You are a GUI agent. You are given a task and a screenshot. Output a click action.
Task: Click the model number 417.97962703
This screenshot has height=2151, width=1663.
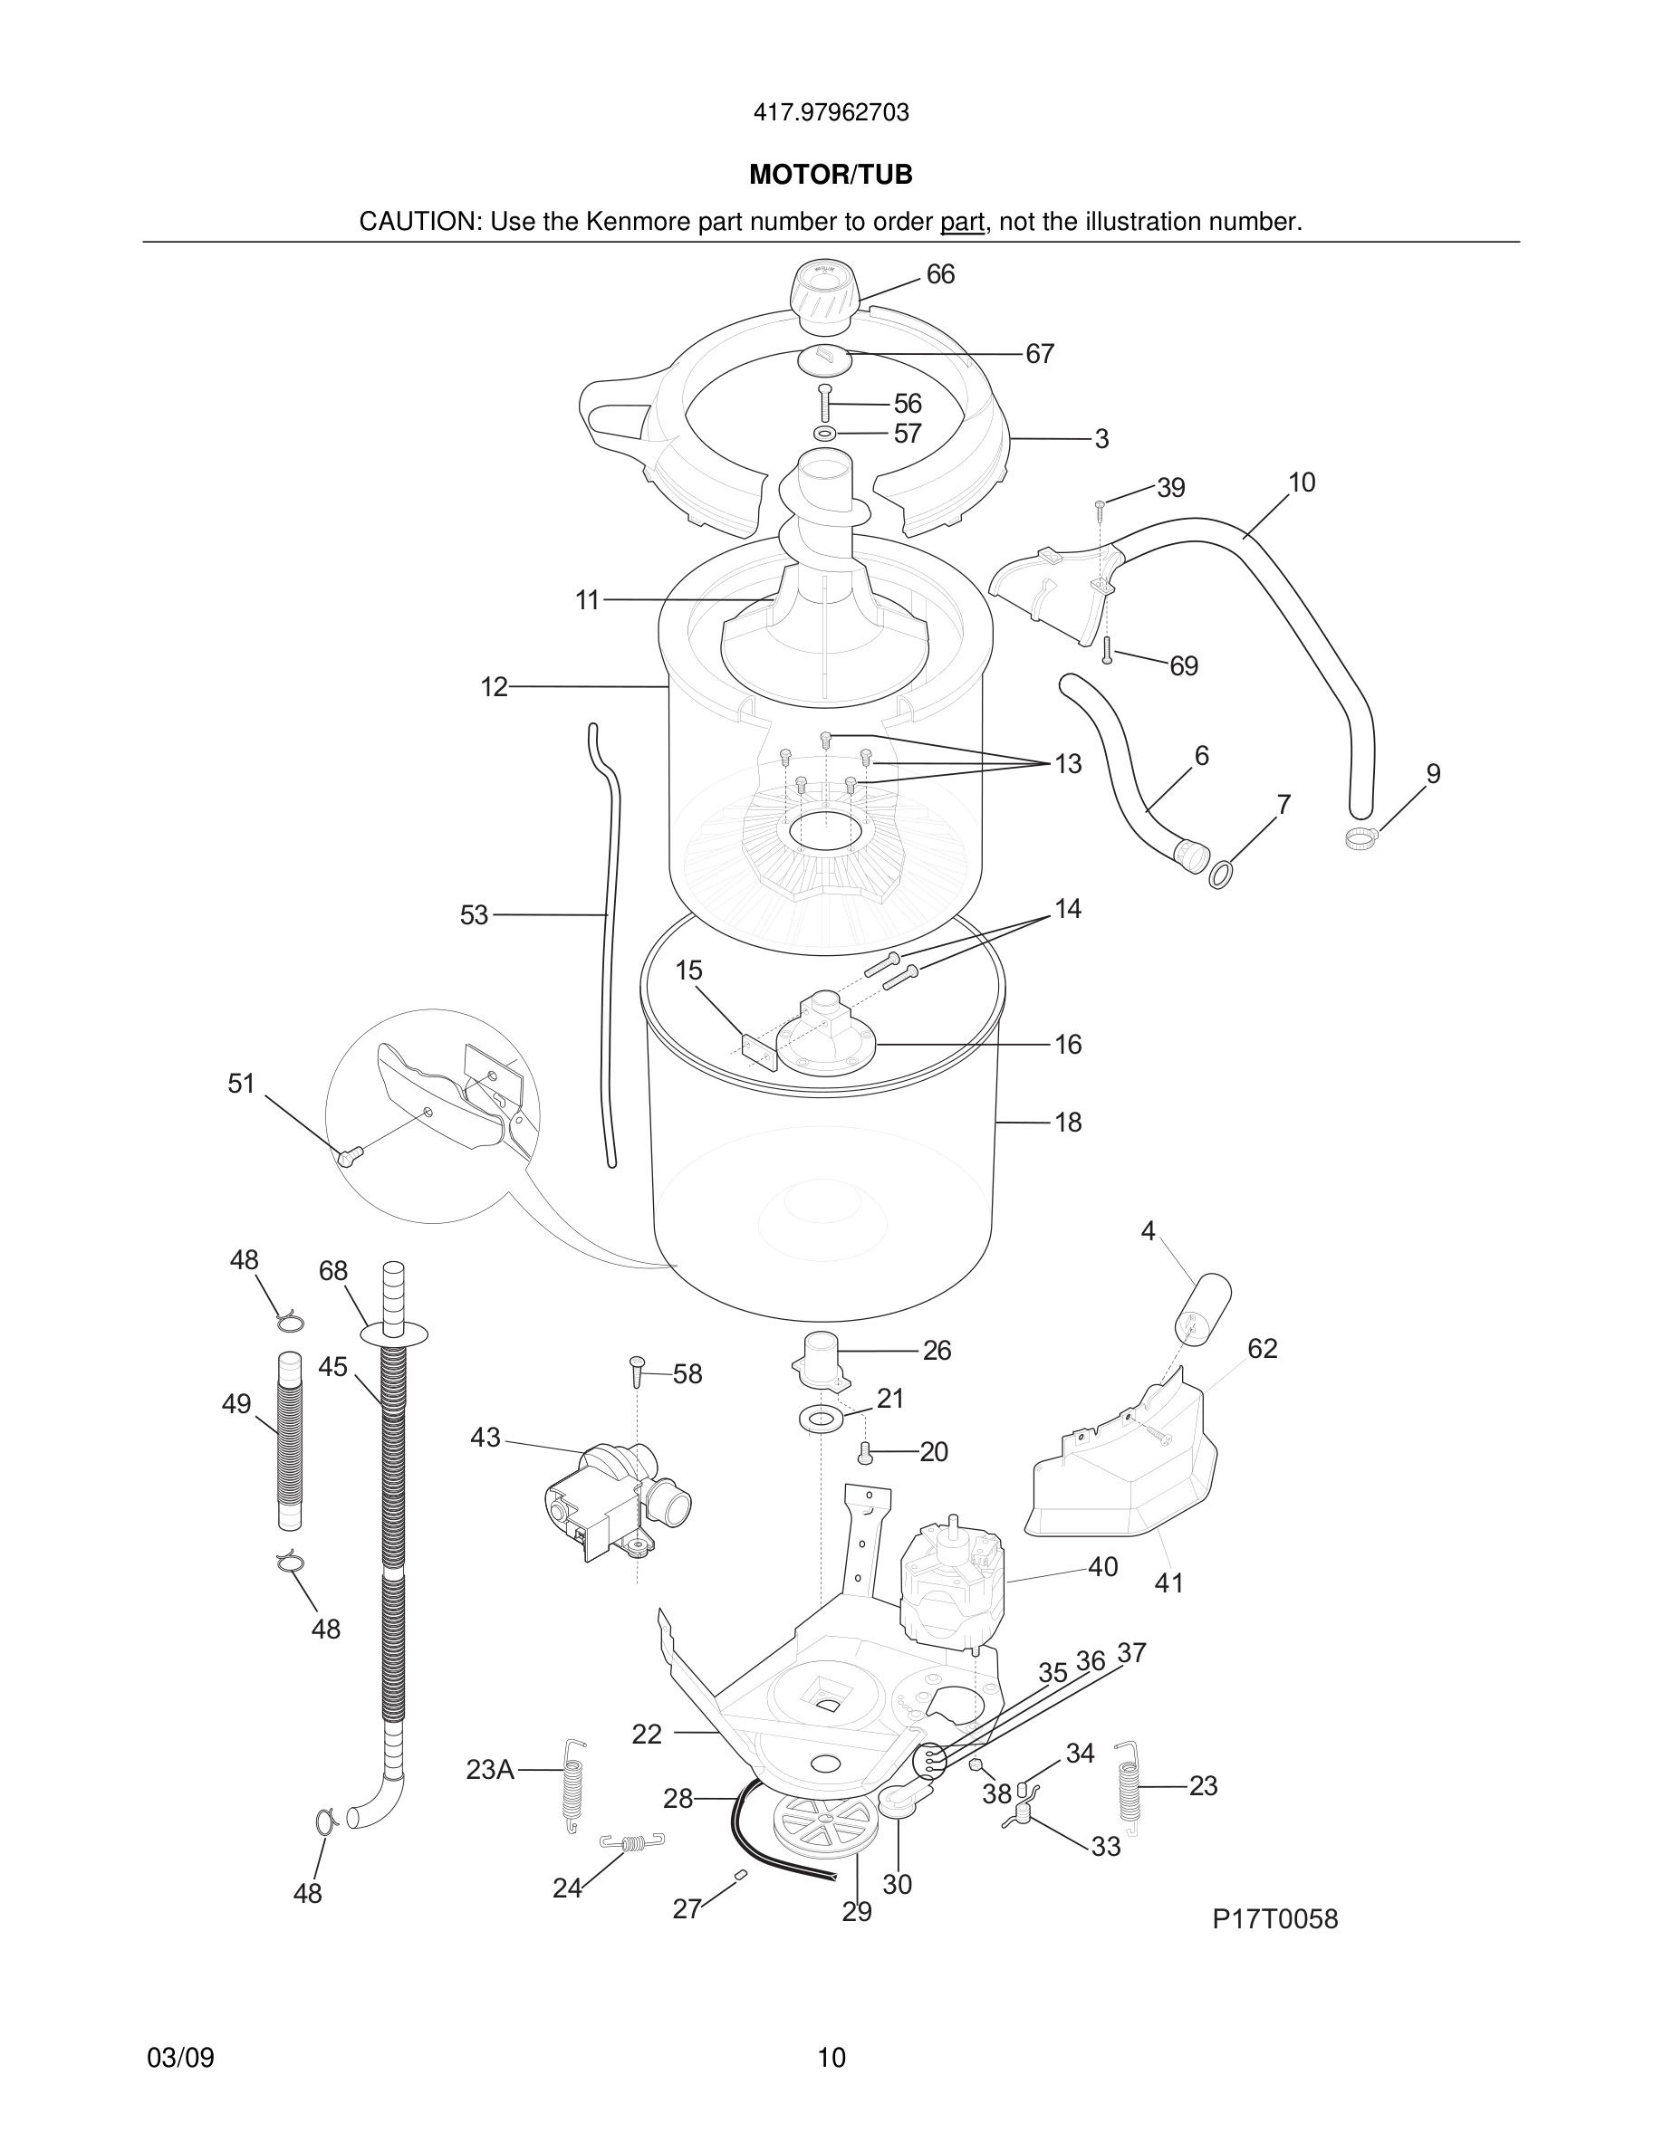click(x=831, y=113)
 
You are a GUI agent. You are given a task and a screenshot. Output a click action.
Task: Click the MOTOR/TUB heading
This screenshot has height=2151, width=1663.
click(x=831, y=176)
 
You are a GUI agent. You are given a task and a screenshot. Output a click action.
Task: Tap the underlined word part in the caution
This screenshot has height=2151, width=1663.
click(x=962, y=223)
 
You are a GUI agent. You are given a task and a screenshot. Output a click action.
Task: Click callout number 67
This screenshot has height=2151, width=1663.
click(x=1040, y=354)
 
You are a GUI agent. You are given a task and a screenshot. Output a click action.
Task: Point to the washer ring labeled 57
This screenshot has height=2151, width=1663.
click(x=824, y=434)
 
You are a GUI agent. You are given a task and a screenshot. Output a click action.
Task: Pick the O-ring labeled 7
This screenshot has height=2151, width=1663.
click(x=1220, y=873)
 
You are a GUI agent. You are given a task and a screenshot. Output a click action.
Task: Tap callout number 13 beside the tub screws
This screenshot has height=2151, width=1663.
click(x=1068, y=764)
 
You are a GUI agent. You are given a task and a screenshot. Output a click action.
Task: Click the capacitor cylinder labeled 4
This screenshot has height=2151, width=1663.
click(x=1206, y=1307)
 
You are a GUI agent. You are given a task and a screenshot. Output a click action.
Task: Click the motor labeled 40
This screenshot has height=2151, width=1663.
click(x=952, y=1587)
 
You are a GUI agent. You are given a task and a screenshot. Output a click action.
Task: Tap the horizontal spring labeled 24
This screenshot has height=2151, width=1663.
click(x=632, y=1841)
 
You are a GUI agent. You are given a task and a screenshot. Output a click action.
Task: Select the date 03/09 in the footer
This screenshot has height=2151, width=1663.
click(x=180, y=2059)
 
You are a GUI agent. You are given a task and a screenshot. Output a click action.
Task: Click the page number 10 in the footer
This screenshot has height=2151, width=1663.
click(x=831, y=2059)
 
